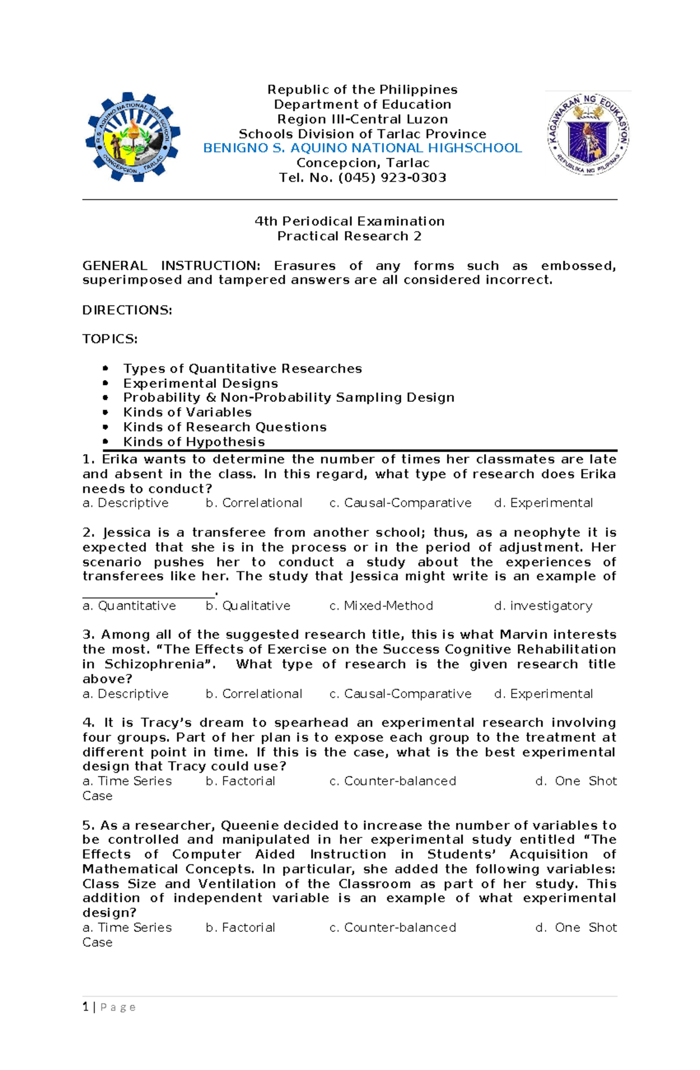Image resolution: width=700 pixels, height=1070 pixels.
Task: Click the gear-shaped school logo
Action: pos(133,136)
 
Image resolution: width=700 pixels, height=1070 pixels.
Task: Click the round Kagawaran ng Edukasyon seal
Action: pos(588,134)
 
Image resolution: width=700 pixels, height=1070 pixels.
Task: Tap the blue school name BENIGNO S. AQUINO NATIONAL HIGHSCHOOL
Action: pos(362,148)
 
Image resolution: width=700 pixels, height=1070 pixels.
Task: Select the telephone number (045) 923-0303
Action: pos(392,178)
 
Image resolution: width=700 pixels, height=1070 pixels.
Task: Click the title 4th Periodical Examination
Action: pos(349,222)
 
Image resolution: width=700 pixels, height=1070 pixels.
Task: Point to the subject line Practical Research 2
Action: pos(349,236)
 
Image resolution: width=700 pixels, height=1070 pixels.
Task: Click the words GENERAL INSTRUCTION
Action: pos(171,266)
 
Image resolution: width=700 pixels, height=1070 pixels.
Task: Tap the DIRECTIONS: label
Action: pos(127,310)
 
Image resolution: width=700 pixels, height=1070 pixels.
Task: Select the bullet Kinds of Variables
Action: pos(187,412)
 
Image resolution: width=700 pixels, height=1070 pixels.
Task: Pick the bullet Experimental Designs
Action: pos(200,384)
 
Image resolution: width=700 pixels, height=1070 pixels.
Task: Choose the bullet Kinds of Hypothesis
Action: pos(194,442)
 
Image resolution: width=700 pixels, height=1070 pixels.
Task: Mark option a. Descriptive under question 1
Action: pos(125,503)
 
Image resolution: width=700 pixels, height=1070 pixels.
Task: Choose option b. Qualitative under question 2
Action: pos(248,606)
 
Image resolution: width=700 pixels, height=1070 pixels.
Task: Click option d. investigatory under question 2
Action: pos(543,606)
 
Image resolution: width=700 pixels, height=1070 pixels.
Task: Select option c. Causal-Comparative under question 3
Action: pos(400,694)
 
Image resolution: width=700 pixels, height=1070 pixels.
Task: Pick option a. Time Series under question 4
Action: pos(127,781)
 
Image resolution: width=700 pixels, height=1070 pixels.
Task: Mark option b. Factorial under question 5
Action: pos(240,928)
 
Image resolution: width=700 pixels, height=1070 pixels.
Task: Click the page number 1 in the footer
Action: pos(86,1007)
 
